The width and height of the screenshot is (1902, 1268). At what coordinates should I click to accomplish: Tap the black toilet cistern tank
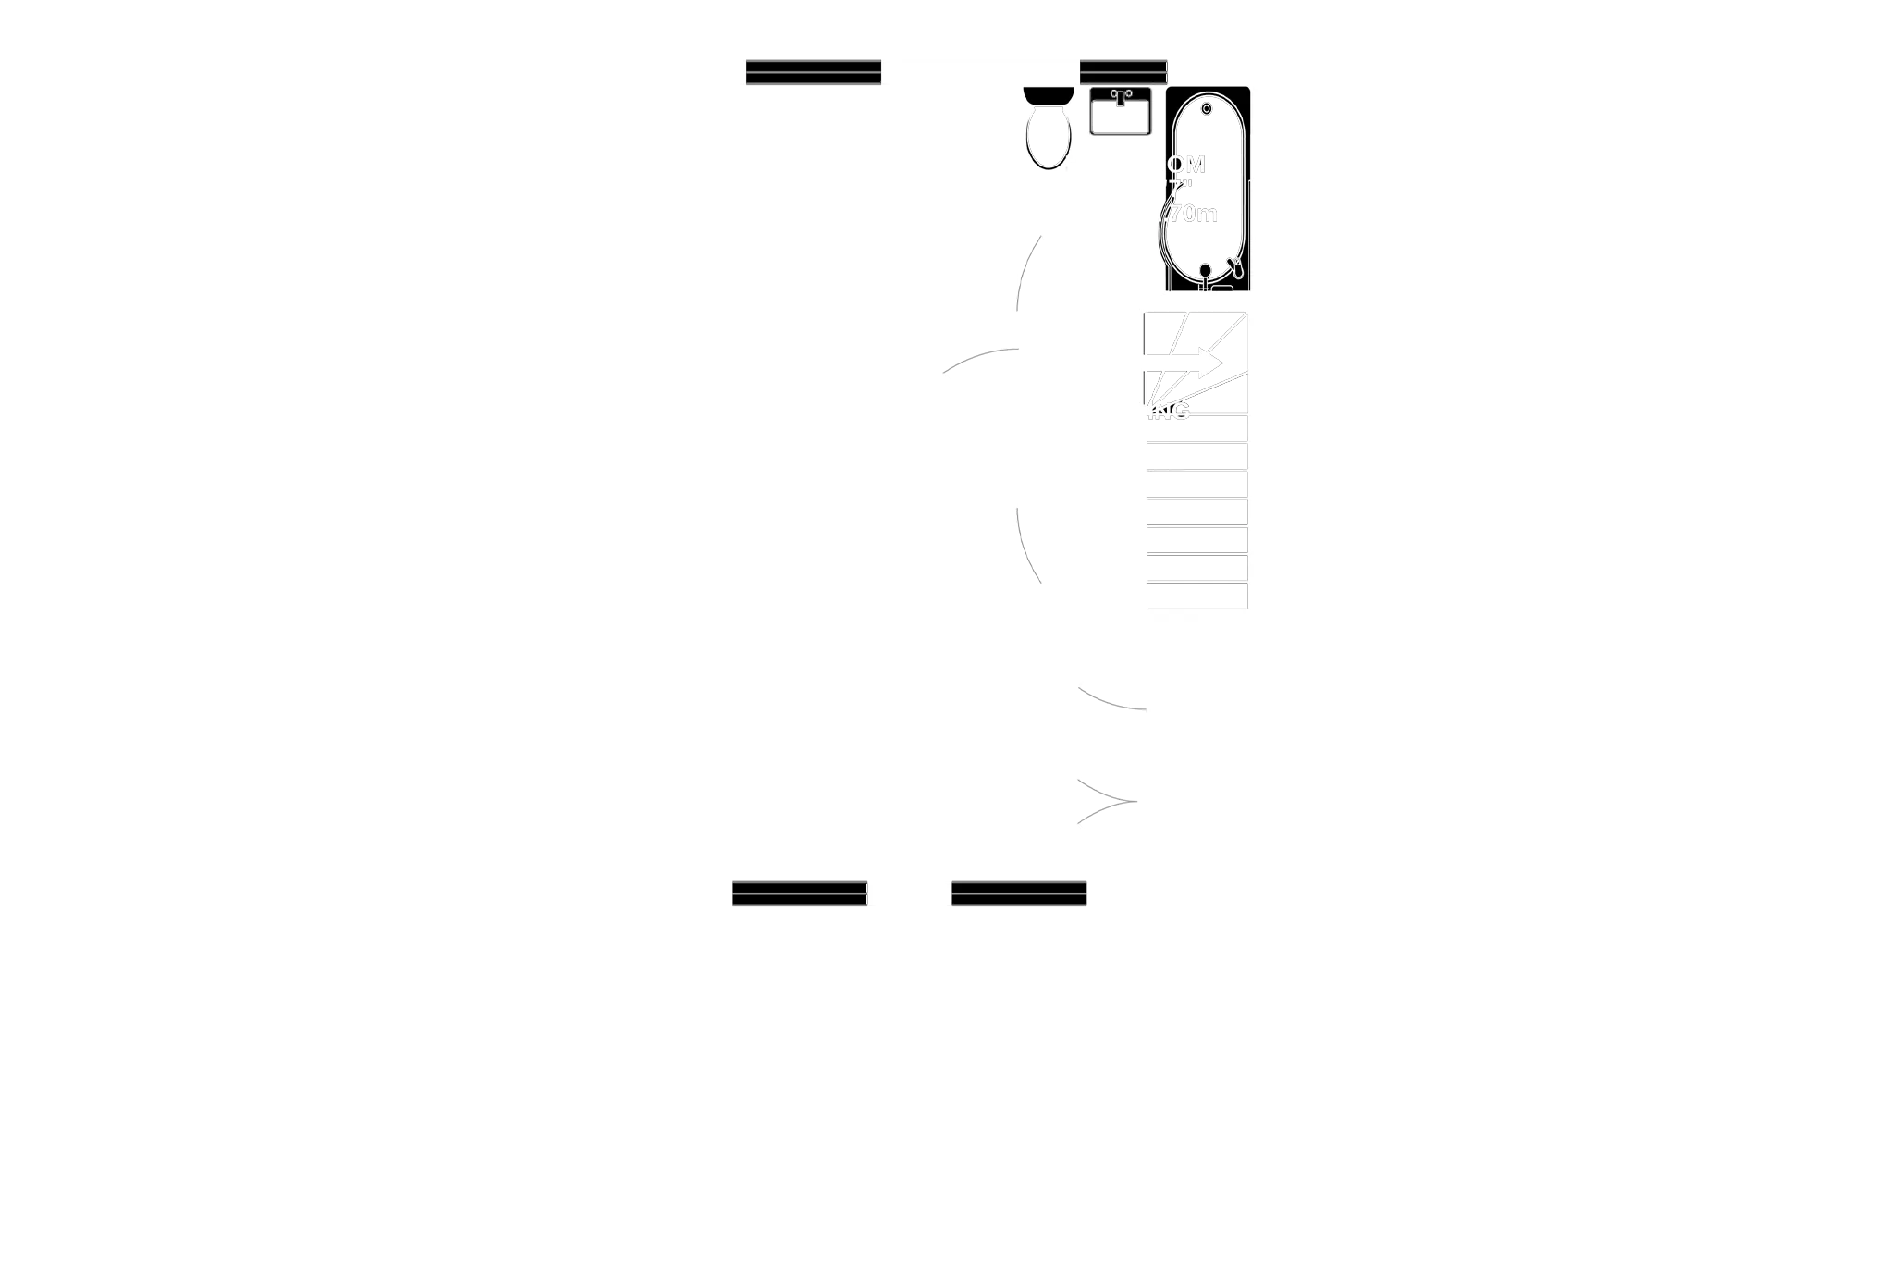[x=1049, y=94]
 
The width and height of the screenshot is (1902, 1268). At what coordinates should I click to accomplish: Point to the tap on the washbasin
[x=1121, y=96]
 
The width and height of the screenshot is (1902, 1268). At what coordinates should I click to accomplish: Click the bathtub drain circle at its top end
[x=1206, y=109]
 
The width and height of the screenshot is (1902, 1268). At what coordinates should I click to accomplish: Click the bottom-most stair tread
[x=1197, y=595]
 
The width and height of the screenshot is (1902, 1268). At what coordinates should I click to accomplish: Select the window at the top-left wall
[x=813, y=74]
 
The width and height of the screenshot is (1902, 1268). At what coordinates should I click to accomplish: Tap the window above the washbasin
[x=1123, y=72]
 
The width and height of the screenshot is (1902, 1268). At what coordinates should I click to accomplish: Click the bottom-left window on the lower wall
[x=799, y=895]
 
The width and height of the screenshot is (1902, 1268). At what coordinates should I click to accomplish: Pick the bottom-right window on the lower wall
[x=1019, y=895]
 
